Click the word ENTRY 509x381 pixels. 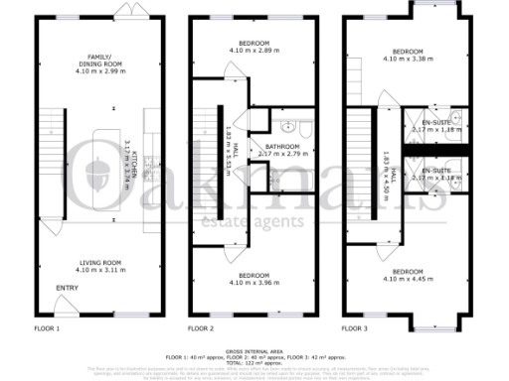pos(67,289)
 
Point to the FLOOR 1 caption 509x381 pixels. pos(47,327)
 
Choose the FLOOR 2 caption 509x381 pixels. pos(203,327)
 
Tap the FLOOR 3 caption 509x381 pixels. pos(356,327)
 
